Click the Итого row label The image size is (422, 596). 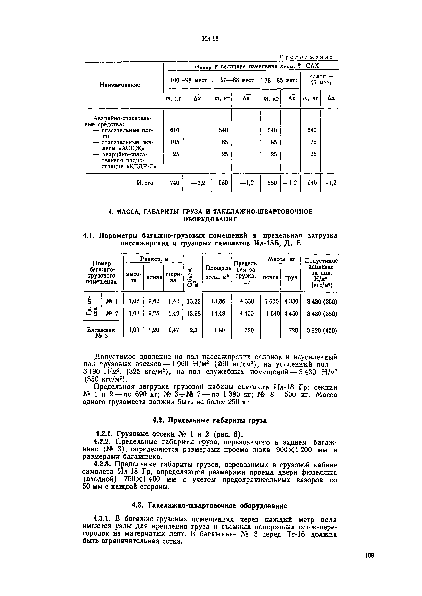click(x=145, y=183)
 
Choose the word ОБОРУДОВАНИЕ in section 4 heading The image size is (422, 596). click(x=211, y=220)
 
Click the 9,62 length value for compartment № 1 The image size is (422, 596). click(x=154, y=301)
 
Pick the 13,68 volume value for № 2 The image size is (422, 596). click(x=194, y=314)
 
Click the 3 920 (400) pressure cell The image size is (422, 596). click(x=322, y=331)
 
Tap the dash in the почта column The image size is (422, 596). click(x=271, y=331)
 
